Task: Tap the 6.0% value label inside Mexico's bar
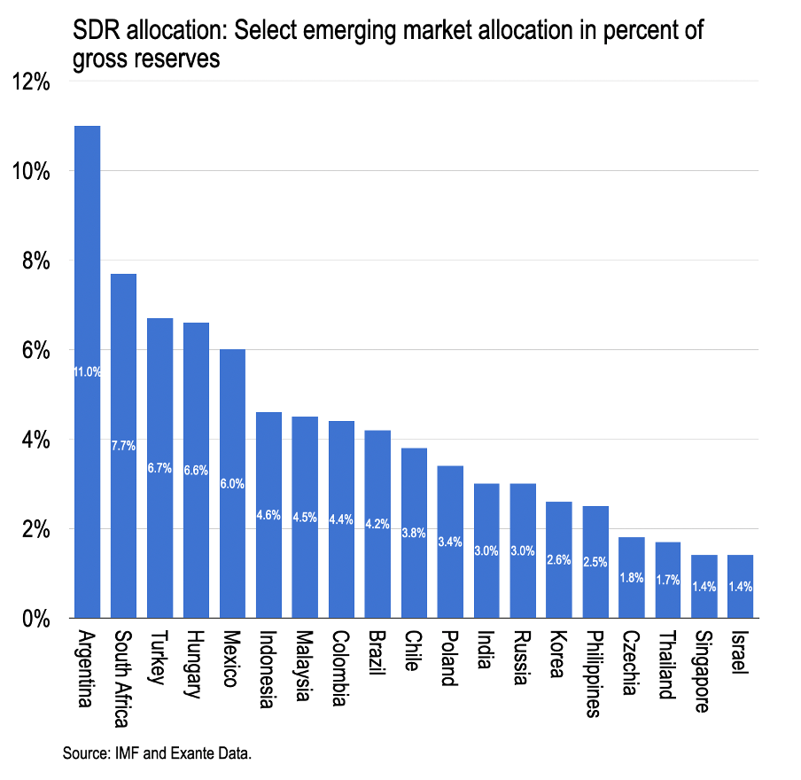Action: point(232,484)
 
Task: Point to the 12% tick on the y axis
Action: point(31,82)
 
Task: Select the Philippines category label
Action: point(595,673)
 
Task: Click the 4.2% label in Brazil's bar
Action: point(377,524)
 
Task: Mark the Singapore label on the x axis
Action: point(704,671)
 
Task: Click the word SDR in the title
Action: point(96,32)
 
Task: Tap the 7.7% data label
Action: point(123,446)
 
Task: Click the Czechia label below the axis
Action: point(631,663)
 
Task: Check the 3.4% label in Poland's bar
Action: point(450,542)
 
